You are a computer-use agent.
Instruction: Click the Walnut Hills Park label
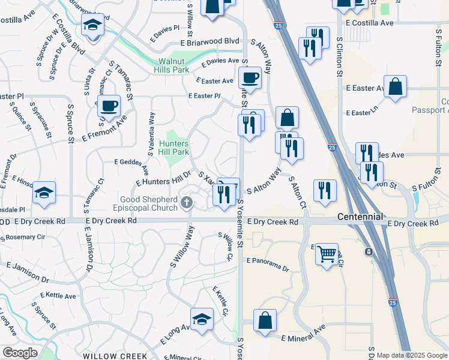pos(173,65)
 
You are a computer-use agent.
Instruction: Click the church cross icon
pos(187,203)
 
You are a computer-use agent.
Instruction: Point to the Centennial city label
pos(360,217)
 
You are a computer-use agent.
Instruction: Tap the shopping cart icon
pos(327,254)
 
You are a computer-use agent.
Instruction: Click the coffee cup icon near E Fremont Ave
pos(109,106)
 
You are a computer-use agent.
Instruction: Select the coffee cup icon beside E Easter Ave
pos(250,77)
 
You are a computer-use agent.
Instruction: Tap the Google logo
pos(20,353)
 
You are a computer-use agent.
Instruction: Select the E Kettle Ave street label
pos(58,296)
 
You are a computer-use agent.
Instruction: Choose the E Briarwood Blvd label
pos(209,42)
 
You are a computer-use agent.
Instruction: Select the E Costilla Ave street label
pos(370,23)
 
